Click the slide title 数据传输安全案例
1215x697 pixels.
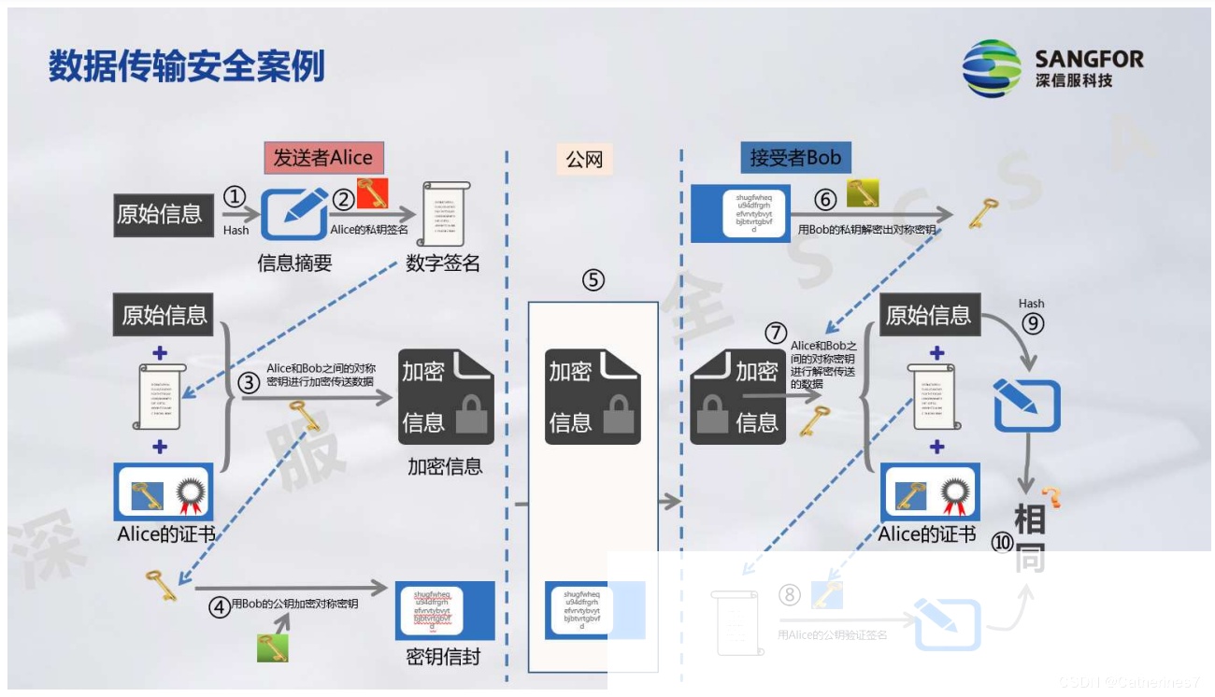click(187, 66)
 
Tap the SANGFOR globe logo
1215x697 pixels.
click(993, 68)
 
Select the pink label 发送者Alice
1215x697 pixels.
click(323, 158)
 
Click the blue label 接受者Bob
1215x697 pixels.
click(795, 158)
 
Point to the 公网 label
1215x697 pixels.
click(585, 160)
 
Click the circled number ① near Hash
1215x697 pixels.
click(235, 196)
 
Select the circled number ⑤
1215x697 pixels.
click(593, 279)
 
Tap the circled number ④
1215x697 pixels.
click(220, 608)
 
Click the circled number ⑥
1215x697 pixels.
click(824, 200)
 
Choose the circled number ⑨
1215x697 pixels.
click(1032, 323)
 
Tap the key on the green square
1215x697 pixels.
click(272, 647)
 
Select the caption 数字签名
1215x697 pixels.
click(443, 263)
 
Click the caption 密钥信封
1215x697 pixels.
click(443, 657)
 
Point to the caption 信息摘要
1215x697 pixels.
click(295, 263)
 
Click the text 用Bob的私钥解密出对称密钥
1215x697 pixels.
click(866, 229)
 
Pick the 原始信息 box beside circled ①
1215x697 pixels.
click(160, 214)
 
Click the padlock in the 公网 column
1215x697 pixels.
click(618, 416)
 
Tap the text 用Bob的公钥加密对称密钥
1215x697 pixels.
click(294, 604)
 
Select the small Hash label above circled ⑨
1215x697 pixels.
click(1032, 304)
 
